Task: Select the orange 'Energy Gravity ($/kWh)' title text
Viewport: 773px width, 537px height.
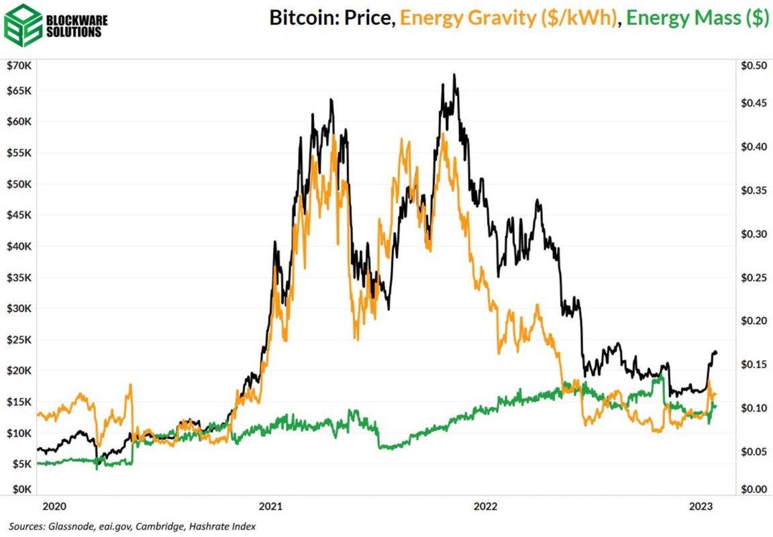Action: click(x=508, y=19)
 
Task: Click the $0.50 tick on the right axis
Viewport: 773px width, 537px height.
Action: click(x=752, y=66)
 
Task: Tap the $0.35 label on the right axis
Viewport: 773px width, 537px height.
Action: click(x=752, y=191)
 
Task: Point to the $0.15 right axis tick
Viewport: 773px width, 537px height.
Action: click(x=752, y=364)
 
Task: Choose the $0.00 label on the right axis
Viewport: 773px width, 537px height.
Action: click(x=752, y=489)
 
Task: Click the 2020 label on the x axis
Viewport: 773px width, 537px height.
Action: click(x=50, y=505)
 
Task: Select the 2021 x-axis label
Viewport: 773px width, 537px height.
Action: click(x=270, y=505)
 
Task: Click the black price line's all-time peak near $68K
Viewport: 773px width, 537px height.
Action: click(x=455, y=75)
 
